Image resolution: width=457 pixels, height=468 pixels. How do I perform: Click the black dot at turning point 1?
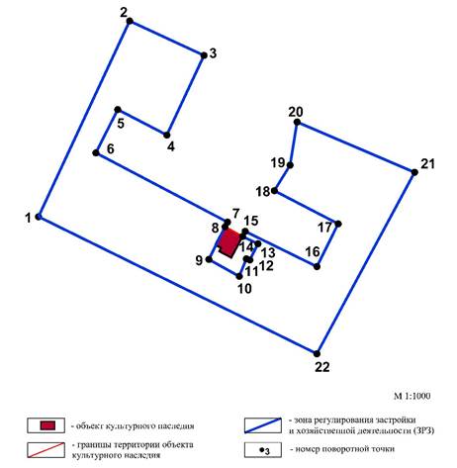tap(39, 216)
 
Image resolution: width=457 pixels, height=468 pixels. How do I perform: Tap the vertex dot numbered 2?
tap(130, 21)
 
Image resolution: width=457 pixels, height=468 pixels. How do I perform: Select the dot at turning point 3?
tap(205, 55)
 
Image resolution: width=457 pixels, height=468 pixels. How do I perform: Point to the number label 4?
tap(170, 147)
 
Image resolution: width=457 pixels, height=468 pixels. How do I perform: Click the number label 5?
tap(121, 124)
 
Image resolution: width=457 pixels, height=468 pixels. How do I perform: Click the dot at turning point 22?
tap(318, 352)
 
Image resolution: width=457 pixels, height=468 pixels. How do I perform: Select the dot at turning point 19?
tap(290, 164)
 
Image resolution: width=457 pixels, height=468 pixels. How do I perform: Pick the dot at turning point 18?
tap(274, 190)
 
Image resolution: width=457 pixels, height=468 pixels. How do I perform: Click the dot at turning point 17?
tap(338, 224)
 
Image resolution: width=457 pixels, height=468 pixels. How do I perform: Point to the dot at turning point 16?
tap(317, 266)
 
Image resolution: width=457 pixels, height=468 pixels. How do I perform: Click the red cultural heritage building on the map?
tap(228, 242)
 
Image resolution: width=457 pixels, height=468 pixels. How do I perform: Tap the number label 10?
tap(244, 288)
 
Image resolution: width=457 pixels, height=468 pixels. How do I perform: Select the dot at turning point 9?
tap(210, 260)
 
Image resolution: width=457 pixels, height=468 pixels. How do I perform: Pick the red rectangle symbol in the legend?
tap(47, 425)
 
